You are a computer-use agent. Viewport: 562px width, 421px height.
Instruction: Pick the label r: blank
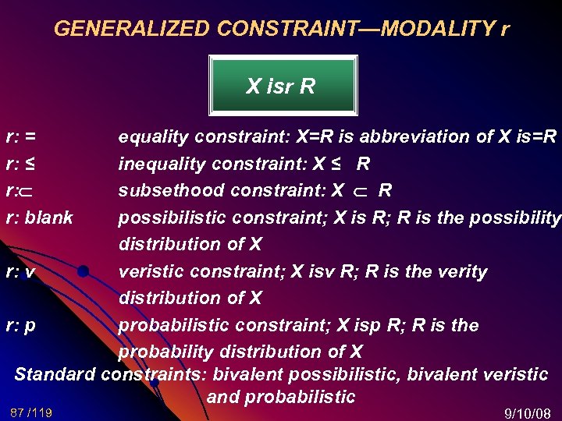39,218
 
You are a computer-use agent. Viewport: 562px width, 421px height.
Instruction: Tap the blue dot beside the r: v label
83,272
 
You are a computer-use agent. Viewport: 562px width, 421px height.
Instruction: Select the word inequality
159,165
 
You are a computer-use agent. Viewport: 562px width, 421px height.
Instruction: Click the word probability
161,352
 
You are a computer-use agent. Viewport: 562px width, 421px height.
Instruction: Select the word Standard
55,374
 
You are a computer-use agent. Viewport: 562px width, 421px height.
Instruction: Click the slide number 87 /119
31,412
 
